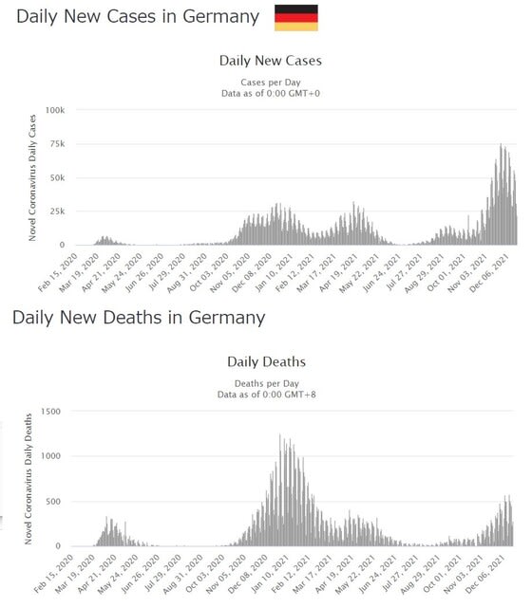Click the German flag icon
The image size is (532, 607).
pos(296,18)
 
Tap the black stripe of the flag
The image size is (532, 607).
pos(296,9)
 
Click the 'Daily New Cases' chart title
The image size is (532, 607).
pos(271,61)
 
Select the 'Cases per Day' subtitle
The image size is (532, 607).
pos(271,83)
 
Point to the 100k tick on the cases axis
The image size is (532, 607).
pos(55,110)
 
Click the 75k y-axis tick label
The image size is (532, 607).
pos(57,144)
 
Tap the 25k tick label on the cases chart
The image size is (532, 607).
pos(57,212)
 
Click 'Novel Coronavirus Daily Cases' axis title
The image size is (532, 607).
pos(32,177)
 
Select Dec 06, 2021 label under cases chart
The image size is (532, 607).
pos(490,272)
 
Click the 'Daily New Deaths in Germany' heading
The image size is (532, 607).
pos(139,318)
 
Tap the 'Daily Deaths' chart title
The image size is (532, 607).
pos(266,362)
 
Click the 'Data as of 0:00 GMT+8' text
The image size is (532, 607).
pos(266,395)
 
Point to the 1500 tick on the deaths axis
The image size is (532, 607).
pos(50,412)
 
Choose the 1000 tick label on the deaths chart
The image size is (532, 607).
pos(50,456)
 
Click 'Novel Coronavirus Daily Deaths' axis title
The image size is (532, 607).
pos(28,479)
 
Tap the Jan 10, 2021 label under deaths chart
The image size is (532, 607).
pos(270,574)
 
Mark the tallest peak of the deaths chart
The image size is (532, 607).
pos(280,434)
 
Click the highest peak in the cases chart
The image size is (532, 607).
pos(501,145)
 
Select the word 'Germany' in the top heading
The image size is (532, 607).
pos(221,17)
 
